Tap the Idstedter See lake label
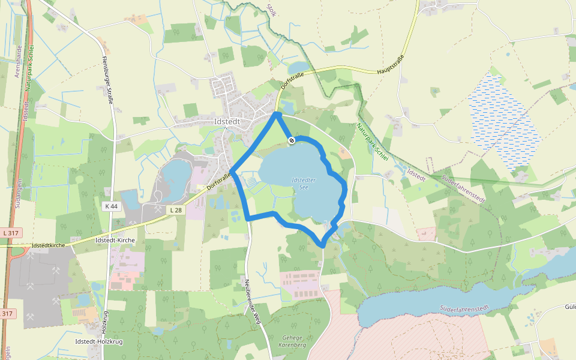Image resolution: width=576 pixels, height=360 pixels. [303, 183]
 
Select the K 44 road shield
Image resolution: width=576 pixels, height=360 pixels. [111, 206]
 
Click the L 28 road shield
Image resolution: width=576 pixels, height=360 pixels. [175, 210]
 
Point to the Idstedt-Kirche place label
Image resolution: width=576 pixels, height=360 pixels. [115, 240]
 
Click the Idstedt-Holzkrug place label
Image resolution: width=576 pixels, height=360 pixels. [100, 341]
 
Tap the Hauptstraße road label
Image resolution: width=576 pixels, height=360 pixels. [391, 65]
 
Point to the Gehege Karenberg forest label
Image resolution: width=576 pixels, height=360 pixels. [292, 342]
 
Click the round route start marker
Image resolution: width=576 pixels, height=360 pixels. [292, 140]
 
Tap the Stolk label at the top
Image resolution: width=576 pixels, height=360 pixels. [271, 10]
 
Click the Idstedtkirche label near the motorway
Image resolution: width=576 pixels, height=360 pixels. [48, 245]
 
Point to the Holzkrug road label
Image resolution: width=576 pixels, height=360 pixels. [104, 325]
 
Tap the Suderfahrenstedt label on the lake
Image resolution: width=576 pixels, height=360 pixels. [464, 308]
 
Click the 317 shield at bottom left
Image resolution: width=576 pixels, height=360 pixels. [7, 314]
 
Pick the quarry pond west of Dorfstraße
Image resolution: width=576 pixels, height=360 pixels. [176, 173]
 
